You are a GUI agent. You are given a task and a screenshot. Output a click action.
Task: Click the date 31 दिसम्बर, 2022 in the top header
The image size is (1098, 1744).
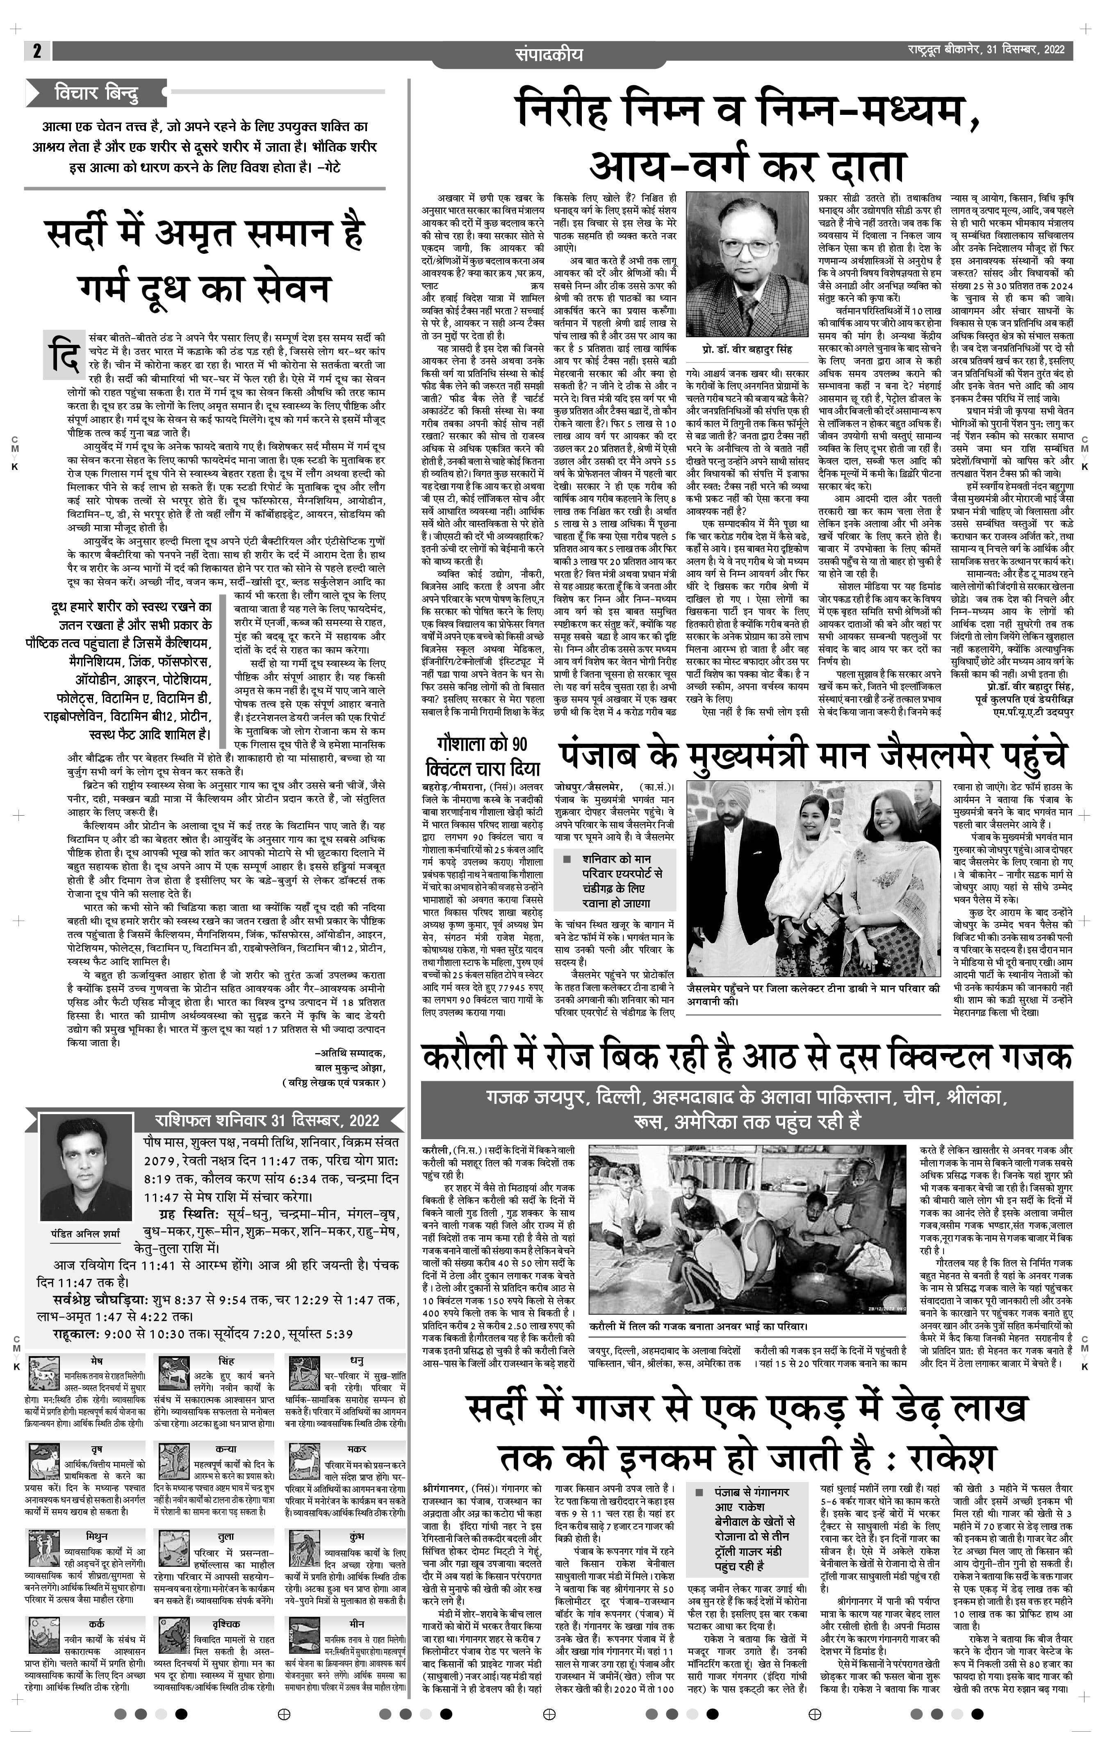[x=1025, y=50]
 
